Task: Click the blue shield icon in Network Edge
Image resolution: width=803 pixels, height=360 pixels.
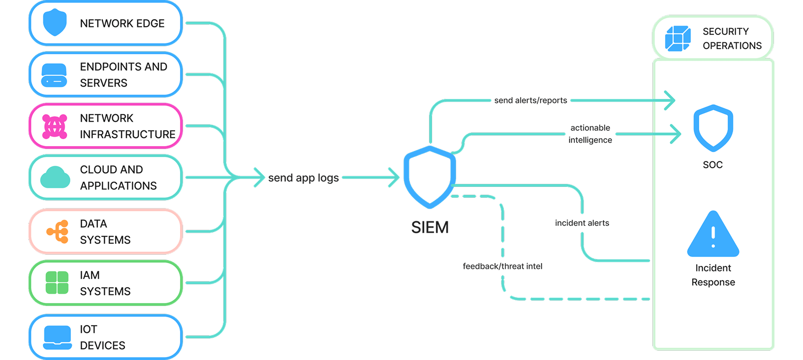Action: (x=55, y=23)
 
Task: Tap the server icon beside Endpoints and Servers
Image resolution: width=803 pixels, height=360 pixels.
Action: (x=54, y=75)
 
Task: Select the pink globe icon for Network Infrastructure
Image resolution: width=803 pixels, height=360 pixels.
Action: (x=55, y=126)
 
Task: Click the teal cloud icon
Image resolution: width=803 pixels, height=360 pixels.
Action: (x=55, y=178)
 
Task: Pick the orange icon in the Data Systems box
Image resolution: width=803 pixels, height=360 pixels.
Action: (x=58, y=232)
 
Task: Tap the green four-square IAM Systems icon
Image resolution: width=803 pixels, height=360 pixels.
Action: (x=57, y=283)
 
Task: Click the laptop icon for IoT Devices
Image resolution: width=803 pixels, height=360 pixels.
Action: (x=58, y=337)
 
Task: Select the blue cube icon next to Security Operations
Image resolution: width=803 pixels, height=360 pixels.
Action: (x=678, y=38)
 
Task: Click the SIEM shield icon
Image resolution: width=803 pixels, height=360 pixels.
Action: (x=430, y=176)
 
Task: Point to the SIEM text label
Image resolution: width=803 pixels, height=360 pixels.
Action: (x=430, y=227)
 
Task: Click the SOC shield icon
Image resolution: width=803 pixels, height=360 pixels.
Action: (x=713, y=128)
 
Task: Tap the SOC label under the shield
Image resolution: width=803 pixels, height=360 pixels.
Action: (x=712, y=165)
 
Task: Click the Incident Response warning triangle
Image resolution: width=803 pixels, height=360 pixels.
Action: (x=713, y=235)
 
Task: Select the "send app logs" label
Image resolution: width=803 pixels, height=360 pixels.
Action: (x=304, y=178)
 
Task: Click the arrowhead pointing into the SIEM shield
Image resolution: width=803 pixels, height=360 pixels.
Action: (x=394, y=178)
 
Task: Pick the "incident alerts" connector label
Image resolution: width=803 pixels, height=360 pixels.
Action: (x=582, y=223)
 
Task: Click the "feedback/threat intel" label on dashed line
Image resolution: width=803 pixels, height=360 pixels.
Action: (x=502, y=266)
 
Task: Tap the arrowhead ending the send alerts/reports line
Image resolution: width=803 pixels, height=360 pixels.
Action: (x=670, y=100)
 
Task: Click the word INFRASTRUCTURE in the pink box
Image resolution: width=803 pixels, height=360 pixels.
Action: (x=127, y=134)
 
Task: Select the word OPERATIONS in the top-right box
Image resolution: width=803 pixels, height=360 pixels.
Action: (x=732, y=46)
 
